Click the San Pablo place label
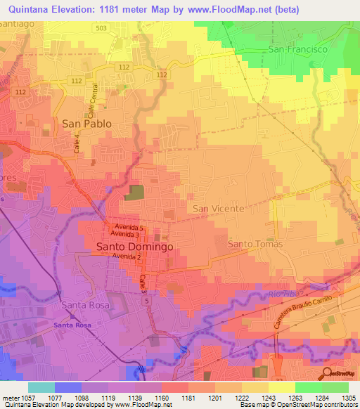pos(87,123)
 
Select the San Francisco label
pos(299,50)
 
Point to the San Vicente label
pos(219,209)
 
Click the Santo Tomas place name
pos(255,244)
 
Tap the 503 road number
pos(103,28)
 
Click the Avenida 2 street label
pos(127,257)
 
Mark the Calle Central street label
pos(90,100)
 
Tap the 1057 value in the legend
pos(27,396)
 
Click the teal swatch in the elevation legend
pos(41,387)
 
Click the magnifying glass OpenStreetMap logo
pos(328,374)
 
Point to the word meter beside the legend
pos(9,396)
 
